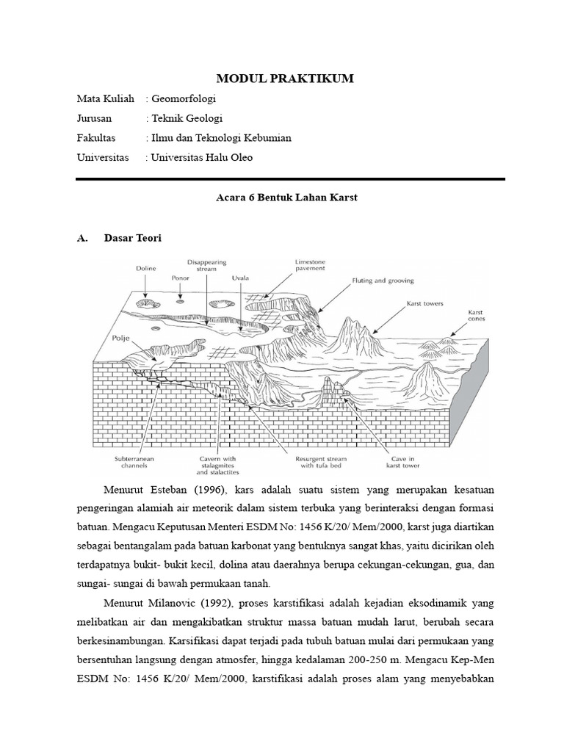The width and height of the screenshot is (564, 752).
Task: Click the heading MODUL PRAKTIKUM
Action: coord(282,79)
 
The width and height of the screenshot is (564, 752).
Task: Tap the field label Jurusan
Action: coord(95,118)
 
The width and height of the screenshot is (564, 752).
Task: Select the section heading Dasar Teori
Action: coord(133,238)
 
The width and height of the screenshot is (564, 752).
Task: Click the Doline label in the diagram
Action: coord(146,269)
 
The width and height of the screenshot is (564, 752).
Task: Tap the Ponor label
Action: coord(181,278)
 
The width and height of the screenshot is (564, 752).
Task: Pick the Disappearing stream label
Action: coord(207,265)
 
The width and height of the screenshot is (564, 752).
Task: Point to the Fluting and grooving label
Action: coord(383,280)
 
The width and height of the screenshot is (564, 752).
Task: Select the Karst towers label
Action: coord(425,303)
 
